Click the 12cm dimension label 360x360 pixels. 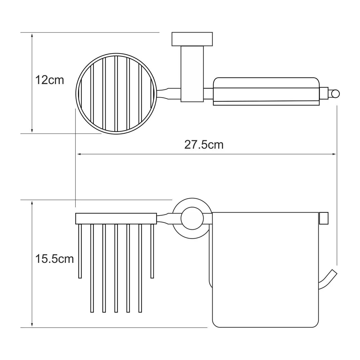[x=50, y=80]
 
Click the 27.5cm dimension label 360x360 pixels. [x=204, y=145]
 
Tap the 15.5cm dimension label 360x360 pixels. [x=54, y=259]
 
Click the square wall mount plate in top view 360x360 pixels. [x=192, y=39]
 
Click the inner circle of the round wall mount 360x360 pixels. [x=192, y=219]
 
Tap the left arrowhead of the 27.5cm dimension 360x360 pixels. [x=79, y=154]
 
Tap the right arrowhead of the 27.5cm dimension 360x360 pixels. [x=334, y=154]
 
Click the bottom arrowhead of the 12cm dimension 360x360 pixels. [x=32, y=130]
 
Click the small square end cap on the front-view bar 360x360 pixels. [x=324, y=218]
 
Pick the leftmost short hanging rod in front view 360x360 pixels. [x=80, y=251]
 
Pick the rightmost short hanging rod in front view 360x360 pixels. [x=152, y=251]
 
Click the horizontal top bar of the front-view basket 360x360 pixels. [x=116, y=219]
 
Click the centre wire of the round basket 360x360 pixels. [x=116, y=94]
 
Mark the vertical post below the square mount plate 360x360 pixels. [x=192, y=74]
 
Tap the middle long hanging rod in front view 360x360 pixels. [x=116, y=268]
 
